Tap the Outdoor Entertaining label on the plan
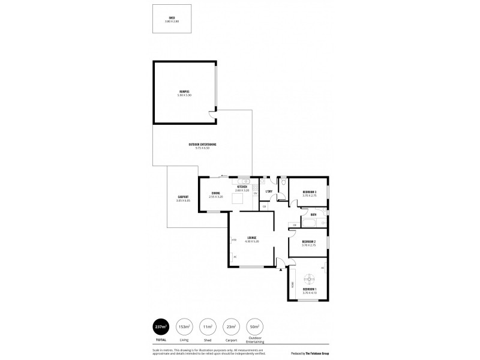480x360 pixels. point(202,145)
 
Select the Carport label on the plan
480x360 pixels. point(183,197)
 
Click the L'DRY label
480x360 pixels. point(269,191)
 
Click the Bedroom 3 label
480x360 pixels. point(309,192)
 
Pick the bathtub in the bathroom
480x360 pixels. point(310,224)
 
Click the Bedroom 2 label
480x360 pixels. point(309,242)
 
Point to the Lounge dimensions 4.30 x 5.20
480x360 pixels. point(252,241)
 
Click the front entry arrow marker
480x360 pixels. point(281,269)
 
